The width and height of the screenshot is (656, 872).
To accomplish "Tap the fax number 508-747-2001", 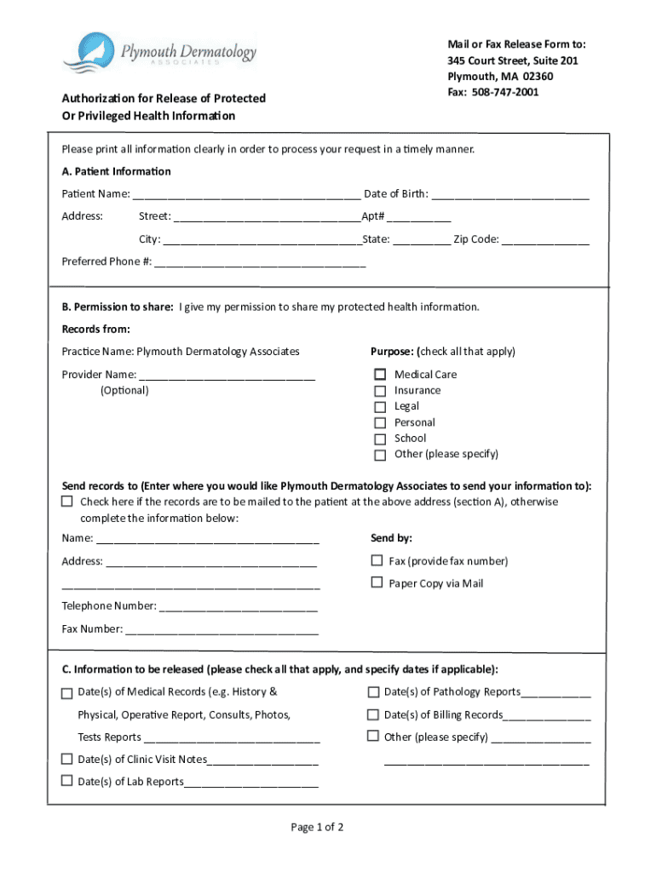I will tap(505, 92).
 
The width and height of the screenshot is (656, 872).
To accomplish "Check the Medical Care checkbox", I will tap(380, 375).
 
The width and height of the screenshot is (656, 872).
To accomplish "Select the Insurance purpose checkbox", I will tap(380, 391).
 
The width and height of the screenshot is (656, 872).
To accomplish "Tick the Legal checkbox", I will tap(380, 407).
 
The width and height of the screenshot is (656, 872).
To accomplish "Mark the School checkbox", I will tap(380, 439).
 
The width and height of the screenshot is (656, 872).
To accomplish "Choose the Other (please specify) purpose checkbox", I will tap(380, 455).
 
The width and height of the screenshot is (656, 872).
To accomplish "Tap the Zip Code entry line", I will tap(545, 240).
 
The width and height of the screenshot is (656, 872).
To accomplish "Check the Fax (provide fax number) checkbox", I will tap(377, 560).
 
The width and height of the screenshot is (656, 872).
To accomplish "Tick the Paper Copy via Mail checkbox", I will tap(377, 582).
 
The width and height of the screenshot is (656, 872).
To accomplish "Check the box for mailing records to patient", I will tap(67, 502).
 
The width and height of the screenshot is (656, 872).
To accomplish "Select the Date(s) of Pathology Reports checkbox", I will tap(373, 691).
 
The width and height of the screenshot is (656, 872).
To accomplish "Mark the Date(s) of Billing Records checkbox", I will tap(373, 714).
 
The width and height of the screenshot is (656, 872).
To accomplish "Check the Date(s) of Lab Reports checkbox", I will tap(67, 781).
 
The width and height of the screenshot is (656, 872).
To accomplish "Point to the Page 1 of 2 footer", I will tap(317, 827).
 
